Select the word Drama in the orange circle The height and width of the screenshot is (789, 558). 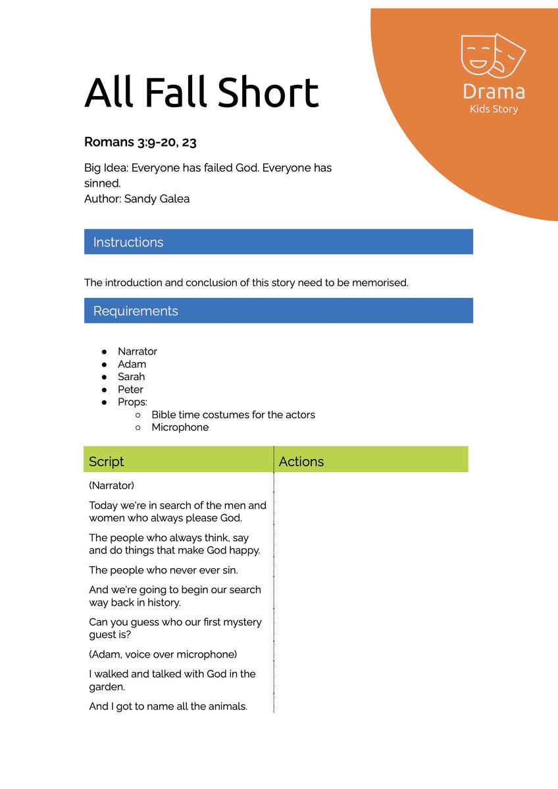click(494, 91)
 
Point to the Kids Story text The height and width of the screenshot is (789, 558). click(494, 109)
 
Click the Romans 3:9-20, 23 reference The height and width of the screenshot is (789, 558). click(140, 141)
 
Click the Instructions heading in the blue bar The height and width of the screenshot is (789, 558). click(128, 242)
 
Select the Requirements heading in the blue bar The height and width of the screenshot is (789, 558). click(136, 311)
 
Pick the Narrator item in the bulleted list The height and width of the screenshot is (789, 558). click(138, 351)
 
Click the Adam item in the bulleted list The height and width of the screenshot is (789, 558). click(132, 364)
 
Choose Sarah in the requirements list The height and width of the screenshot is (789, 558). click(132, 377)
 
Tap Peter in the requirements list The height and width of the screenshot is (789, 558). click(130, 389)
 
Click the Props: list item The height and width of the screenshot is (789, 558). click(132, 402)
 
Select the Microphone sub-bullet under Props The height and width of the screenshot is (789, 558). click(180, 427)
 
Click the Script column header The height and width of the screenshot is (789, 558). click(107, 462)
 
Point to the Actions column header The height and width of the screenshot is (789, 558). click(301, 462)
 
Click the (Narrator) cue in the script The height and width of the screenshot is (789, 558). click(112, 486)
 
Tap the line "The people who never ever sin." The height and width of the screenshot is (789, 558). click(163, 570)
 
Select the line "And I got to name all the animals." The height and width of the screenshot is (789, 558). click(168, 707)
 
